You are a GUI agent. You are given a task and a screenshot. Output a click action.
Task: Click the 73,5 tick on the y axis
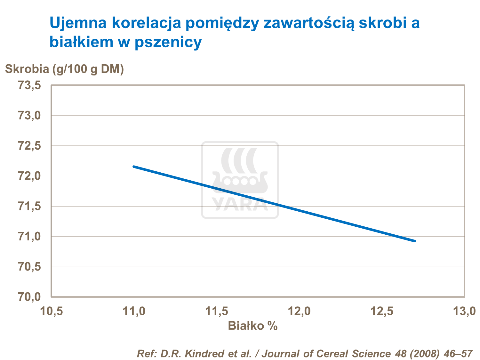[29, 85]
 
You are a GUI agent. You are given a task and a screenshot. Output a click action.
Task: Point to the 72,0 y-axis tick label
[29, 176]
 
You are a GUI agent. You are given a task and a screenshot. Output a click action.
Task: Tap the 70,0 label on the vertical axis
[29, 297]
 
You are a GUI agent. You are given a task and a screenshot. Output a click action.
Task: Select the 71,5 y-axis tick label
[29, 207]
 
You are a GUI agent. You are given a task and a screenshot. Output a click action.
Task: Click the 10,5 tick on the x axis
[52, 311]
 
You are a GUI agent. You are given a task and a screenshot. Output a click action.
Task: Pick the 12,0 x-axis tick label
[300, 311]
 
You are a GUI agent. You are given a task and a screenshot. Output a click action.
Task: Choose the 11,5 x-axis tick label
[217, 311]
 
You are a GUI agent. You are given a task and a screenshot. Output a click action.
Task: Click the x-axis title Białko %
[252, 326]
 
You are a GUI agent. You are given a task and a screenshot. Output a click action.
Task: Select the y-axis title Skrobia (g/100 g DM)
[64, 69]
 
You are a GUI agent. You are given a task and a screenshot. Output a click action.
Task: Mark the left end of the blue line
[134, 167]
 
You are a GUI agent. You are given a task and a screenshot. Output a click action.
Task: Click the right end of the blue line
[415, 241]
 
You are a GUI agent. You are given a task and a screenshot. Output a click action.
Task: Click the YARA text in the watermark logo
[240, 204]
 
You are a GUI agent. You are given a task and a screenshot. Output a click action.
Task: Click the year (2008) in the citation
[422, 354]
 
